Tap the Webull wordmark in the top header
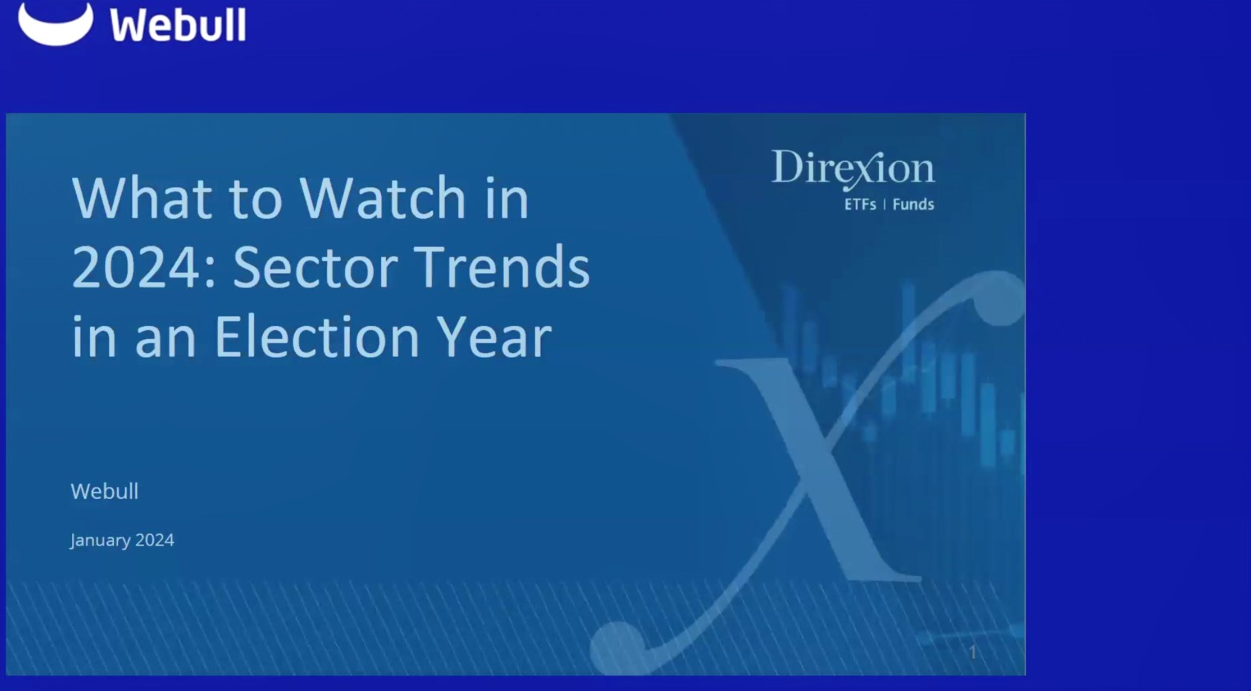(178, 24)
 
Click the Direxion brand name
(853, 169)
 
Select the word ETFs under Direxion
(860, 205)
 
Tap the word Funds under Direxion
(913, 205)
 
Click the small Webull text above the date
(105, 491)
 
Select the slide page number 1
(972, 652)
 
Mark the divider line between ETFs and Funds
(884, 205)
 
